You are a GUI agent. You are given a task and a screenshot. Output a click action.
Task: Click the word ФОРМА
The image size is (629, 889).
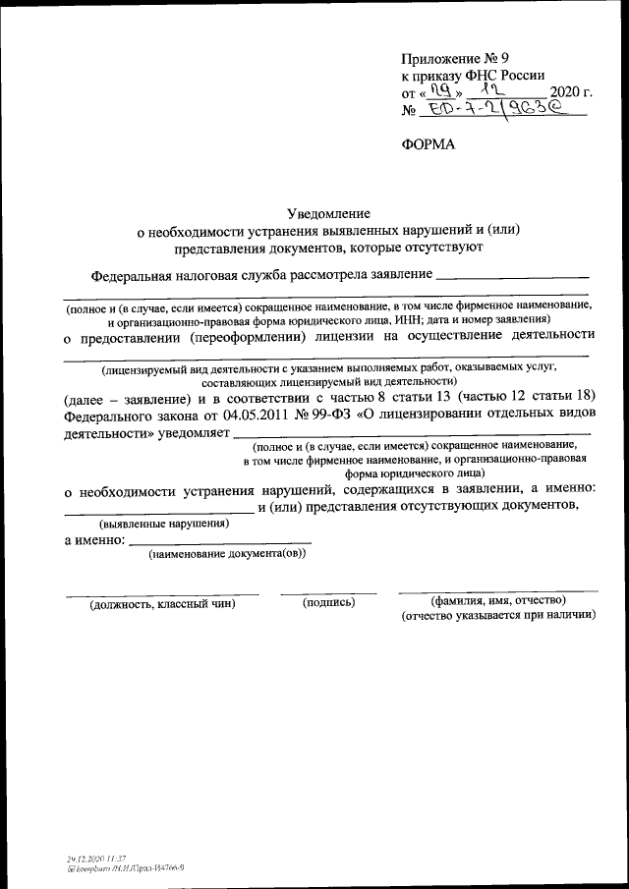tap(429, 145)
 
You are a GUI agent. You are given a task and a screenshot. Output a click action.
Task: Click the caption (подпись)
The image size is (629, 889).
tap(328, 601)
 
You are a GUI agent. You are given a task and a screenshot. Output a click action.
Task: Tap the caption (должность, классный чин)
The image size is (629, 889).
tap(162, 603)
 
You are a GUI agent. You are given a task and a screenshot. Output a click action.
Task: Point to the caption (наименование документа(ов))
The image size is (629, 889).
tap(227, 555)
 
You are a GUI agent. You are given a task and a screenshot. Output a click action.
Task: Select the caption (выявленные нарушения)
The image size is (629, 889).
tap(165, 524)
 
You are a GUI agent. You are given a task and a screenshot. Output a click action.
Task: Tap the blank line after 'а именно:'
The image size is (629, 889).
tap(220, 541)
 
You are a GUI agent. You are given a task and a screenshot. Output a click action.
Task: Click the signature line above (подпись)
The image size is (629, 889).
tap(328, 592)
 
